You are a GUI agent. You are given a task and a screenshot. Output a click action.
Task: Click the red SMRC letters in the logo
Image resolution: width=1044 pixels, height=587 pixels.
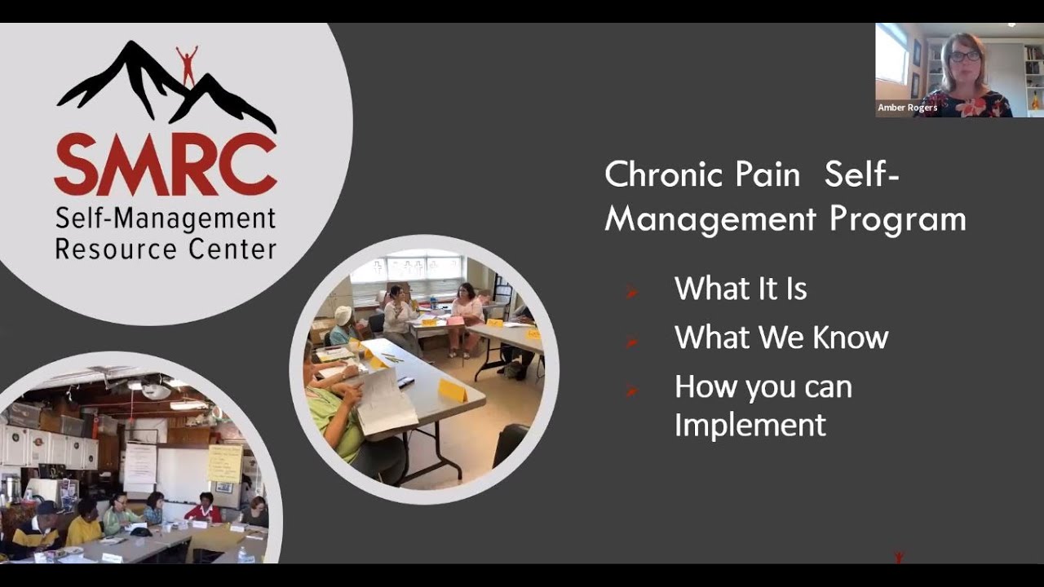[166, 165]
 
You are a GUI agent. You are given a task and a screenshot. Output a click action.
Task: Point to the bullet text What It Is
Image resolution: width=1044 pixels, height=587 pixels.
[741, 289]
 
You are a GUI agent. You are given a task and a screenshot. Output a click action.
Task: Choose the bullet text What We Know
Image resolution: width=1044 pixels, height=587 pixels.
[781, 338]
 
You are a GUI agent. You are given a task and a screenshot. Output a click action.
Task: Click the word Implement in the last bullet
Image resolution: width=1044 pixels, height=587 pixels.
[750, 425]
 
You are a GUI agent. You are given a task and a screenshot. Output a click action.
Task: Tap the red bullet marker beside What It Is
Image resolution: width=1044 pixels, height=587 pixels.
[631, 291]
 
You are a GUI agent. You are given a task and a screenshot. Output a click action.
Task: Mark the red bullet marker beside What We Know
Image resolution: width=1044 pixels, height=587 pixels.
[631, 341]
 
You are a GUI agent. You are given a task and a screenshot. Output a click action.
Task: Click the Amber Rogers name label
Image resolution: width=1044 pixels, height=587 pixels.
[907, 108]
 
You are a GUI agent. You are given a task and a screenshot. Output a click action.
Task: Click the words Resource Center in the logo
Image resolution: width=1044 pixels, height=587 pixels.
[166, 249]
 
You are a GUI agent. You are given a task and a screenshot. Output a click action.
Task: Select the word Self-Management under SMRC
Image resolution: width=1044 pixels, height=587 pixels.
[166, 218]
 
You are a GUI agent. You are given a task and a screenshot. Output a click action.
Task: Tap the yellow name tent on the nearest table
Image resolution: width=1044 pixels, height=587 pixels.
[452, 390]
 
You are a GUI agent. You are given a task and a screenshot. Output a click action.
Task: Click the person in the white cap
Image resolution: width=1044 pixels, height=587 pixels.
[344, 324]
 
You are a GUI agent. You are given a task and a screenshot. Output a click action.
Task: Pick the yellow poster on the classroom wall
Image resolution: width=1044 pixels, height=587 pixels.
[224, 463]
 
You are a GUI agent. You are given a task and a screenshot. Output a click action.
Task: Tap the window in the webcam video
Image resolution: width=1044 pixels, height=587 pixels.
[891, 55]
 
